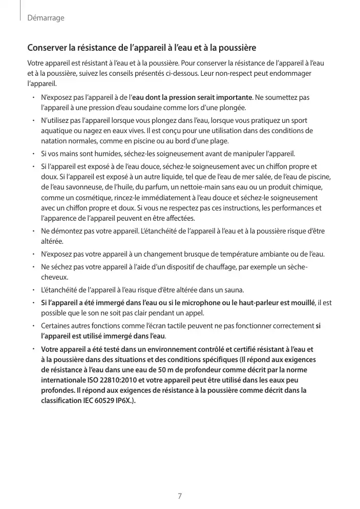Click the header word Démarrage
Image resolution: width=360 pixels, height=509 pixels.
tap(46, 18)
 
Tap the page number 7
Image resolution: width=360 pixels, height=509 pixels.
tap(180, 496)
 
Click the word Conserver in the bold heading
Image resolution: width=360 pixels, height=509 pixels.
tap(47, 49)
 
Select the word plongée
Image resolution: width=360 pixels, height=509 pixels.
tap(233, 108)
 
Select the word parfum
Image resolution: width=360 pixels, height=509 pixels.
tap(145, 187)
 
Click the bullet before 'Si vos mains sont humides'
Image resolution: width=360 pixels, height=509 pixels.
tap(32, 154)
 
